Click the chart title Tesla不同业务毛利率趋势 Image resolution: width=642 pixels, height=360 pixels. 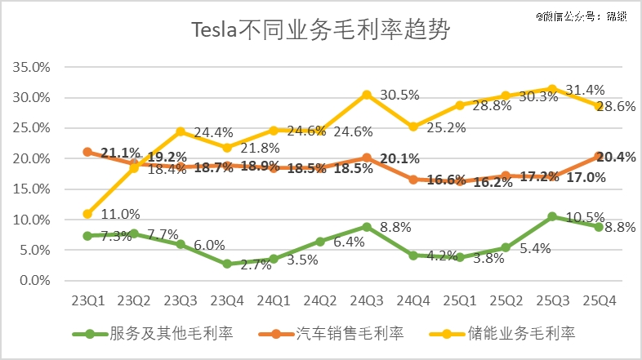click(320, 31)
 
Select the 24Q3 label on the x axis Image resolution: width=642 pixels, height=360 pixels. click(367, 301)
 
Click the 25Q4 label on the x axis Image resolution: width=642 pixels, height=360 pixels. click(599, 301)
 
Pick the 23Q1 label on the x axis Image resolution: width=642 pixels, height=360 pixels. click(87, 301)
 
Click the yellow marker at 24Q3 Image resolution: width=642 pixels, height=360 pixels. click(367, 95)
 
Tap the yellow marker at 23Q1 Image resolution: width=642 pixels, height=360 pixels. click(87, 214)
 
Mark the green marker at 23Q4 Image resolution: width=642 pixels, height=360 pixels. click(227, 264)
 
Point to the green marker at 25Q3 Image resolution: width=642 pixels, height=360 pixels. click(552, 216)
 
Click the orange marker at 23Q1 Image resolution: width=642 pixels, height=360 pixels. click(87, 152)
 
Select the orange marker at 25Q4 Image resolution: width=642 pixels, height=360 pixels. click(599, 156)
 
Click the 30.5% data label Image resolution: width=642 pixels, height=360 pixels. click(400, 95)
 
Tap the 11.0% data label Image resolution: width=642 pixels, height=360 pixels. click(121, 214)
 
